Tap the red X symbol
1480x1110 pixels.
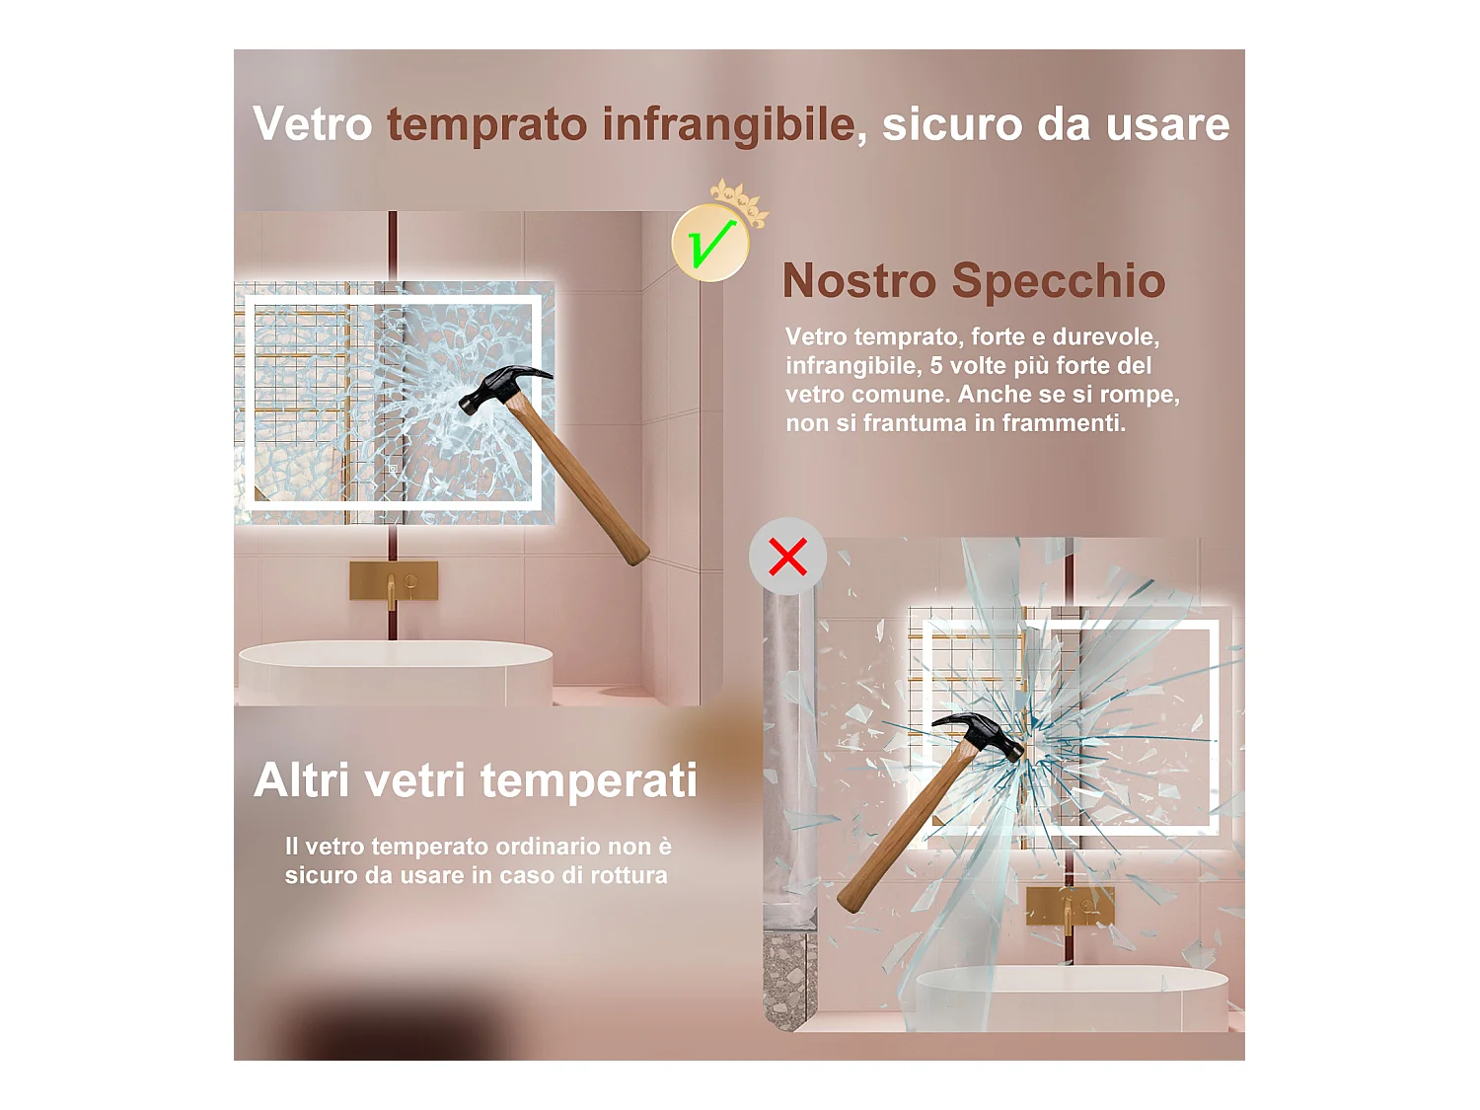click(787, 556)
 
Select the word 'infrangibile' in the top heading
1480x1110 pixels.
click(728, 125)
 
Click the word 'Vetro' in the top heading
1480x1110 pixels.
click(312, 125)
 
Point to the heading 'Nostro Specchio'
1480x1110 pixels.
click(973, 281)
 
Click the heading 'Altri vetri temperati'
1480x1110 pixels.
click(475, 780)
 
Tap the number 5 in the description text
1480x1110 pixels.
click(936, 366)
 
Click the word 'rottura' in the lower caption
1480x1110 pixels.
click(629, 875)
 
